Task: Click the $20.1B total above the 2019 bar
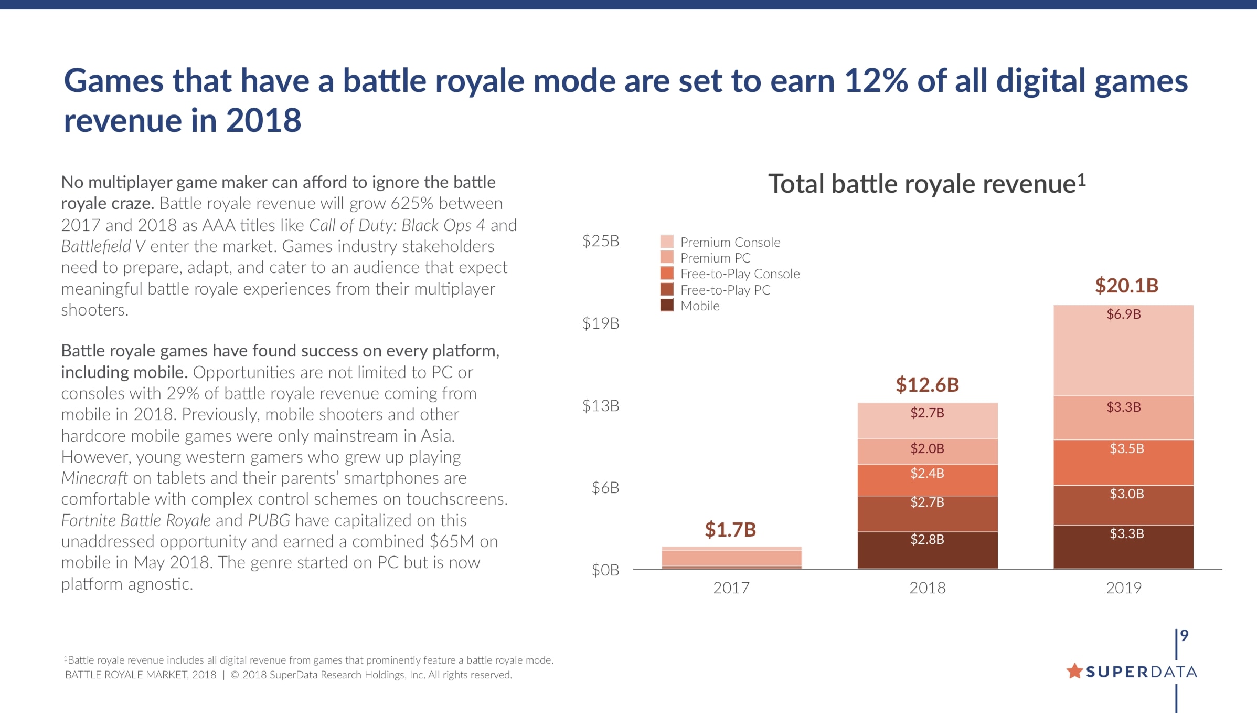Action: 1126,286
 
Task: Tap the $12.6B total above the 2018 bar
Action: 927,385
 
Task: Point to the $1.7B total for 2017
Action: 730,530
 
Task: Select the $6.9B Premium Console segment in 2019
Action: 1123,350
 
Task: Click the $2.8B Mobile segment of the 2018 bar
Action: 927,549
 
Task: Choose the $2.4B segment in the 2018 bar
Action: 927,479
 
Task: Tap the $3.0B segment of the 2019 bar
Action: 1123,505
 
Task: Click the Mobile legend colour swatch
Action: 667,305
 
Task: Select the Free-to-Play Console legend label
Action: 740,274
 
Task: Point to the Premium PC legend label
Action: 715,258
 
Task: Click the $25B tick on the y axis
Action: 601,241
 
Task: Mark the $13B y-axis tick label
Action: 601,406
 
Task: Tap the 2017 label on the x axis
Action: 731,588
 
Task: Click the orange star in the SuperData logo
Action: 1074,670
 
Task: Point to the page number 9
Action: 1184,636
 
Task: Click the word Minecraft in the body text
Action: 94,478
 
